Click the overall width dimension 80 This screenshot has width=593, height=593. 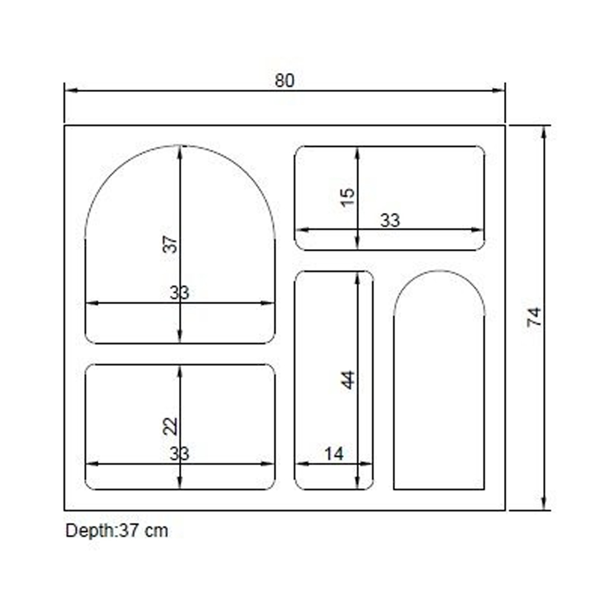coord(285,81)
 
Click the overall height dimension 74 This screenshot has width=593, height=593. coord(534,317)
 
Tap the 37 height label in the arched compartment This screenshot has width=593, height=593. coord(170,244)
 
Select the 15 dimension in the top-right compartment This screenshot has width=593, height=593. coord(347,197)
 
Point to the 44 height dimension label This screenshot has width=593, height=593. coord(348,380)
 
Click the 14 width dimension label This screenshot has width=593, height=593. coord(334,454)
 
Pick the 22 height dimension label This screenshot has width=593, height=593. coord(170,426)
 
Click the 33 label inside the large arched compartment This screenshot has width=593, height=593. coord(179,293)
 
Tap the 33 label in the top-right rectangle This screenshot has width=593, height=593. coord(390,221)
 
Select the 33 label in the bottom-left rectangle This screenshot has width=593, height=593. coord(179,454)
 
